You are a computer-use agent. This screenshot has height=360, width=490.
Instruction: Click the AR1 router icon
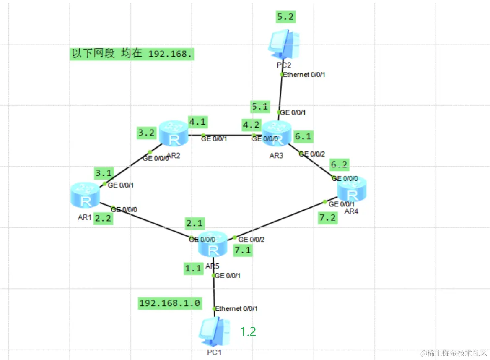coord(86,196)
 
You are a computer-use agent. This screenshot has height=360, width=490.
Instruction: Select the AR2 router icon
coord(173,133)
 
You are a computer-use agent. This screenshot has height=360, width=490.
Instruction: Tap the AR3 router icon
coord(277,133)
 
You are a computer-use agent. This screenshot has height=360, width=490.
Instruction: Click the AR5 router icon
coord(213,245)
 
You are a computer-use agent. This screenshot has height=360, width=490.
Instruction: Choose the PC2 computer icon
coord(285,44)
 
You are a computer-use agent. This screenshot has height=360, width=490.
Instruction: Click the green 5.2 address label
coord(286,17)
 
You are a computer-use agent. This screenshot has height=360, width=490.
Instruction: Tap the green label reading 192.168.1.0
coord(170,303)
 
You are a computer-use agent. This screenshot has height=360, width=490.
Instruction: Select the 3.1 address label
coord(104,172)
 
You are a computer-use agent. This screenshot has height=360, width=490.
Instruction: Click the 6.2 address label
coord(339,164)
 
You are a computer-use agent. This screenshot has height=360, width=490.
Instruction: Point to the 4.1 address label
coord(198,123)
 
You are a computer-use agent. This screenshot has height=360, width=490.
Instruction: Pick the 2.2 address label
coord(103,219)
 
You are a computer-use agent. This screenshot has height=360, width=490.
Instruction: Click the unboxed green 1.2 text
coord(248,332)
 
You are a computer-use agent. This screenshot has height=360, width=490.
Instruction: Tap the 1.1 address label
coord(194,268)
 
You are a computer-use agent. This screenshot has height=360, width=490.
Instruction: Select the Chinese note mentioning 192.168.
coord(132,54)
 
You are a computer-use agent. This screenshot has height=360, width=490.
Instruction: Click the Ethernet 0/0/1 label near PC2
coord(304,75)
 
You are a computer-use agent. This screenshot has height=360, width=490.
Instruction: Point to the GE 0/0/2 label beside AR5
coord(251,240)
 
